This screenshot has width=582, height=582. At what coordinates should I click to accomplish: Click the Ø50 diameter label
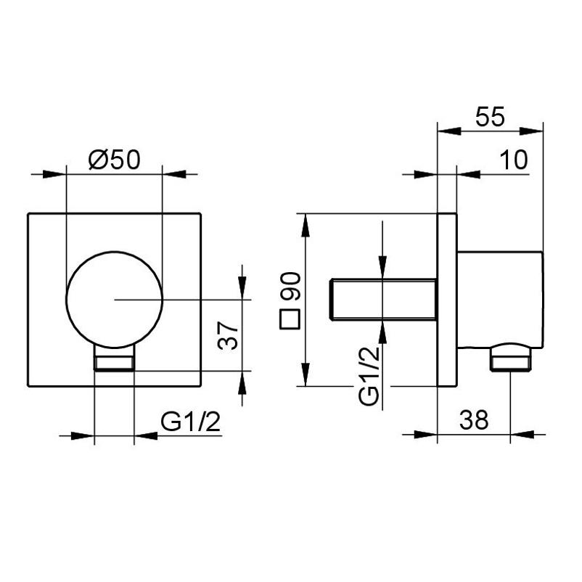point(115,160)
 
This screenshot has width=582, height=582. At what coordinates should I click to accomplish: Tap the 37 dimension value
point(228,336)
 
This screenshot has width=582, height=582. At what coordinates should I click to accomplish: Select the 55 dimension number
point(490,117)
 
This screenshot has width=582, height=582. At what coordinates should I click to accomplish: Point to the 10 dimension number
point(514,160)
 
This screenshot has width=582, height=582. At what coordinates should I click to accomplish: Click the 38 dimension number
point(474,420)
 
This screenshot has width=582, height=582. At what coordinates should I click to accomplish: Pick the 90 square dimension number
point(290,286)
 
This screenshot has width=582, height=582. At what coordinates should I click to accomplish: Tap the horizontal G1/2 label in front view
point(190,422)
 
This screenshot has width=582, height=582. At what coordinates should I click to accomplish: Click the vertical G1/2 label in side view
point(369,375)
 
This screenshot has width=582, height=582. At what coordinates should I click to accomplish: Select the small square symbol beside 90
point(290,319)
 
